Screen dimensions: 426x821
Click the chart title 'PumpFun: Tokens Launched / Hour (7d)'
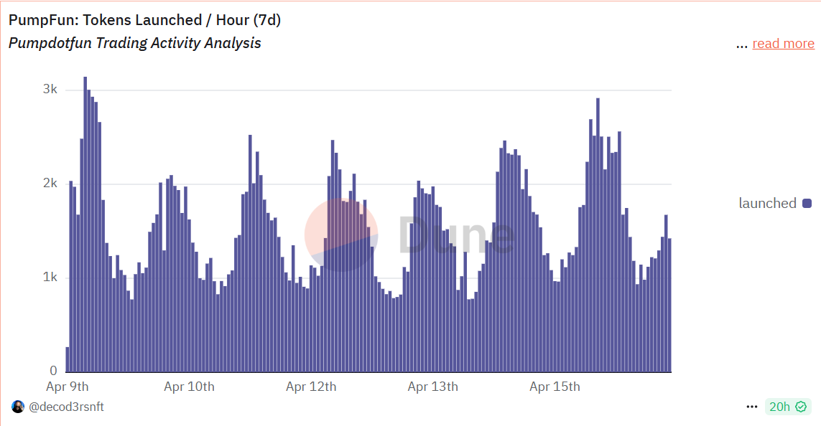coord(144,20)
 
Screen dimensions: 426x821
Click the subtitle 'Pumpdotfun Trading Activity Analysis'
coord(135,43)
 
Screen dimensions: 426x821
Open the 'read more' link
coord(783,44)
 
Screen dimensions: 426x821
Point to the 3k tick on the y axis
coord(50,90)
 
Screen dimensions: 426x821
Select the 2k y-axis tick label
coord(50,184)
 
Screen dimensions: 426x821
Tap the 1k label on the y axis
coord(50,278)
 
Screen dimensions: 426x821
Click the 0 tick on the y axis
coord(53,371)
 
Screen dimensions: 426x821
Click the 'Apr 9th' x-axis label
coord(68,387)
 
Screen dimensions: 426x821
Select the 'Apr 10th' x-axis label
coord(189,387)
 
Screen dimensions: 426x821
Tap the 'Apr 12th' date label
coord(311,387)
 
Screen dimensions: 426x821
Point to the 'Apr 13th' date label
coord(432,387)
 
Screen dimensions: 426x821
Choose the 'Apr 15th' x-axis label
coord(555,387)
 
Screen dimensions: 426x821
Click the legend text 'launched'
coord(767,204)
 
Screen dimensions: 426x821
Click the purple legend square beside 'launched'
coord(807,204)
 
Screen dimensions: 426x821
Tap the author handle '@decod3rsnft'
coord(66,407)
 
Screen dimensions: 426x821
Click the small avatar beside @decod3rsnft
coord(18,407)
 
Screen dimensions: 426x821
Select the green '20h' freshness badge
coord(787,407)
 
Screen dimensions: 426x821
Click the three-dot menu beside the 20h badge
coord(752,407)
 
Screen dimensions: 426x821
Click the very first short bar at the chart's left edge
coord(68,359)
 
